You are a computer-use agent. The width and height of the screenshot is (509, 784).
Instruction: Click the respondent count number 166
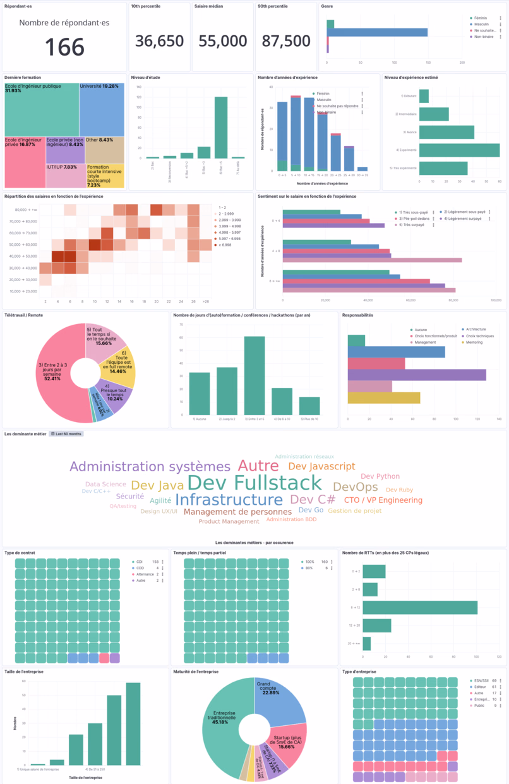point(64,47)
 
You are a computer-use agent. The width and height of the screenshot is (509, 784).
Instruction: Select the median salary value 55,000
point(223,41)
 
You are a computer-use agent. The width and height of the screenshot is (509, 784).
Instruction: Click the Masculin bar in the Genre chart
point(378,32)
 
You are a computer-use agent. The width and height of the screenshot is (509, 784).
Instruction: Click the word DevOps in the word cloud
point(355,487)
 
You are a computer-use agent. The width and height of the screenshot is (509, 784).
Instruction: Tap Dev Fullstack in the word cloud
point(254,483)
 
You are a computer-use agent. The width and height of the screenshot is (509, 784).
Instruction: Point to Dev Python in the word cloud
point(380,476)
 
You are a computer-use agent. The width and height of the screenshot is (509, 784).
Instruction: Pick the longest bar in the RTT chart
point(420,607)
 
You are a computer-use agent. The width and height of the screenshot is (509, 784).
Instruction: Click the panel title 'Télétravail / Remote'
point(23,315)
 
